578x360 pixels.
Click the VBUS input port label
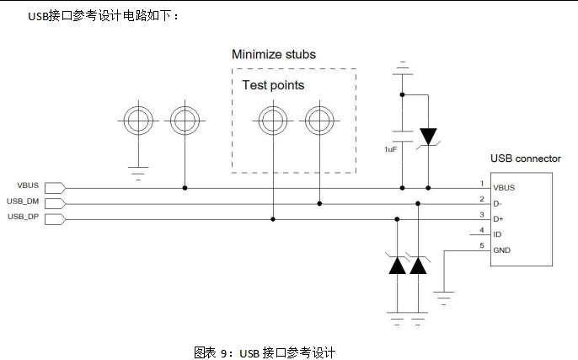click(x=28, y=185)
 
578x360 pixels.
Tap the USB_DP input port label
click(x=23, y=217)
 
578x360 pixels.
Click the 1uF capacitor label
click(x=390, y=148)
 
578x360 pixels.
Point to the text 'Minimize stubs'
click(x=274, y=55)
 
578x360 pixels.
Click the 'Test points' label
click(x=273, y=85)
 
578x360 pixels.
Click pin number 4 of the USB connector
click(x=481, y=230)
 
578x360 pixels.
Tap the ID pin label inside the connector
click(x=497, y=234)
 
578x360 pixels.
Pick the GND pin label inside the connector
click(x=502, y=250)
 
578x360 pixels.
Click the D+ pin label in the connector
click(x=498, y=219)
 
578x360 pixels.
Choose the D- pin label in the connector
click(x=498, y=203)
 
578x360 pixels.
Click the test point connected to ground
click(x=137, y=122)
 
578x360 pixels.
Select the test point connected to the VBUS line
click(x=185, y=122)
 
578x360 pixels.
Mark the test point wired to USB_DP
click(x=272, y=122)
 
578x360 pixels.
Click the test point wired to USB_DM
click(x=319, y=122)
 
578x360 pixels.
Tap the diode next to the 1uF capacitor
click(x=429, y=135)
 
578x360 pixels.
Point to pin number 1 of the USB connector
click(x=481, y=183)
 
